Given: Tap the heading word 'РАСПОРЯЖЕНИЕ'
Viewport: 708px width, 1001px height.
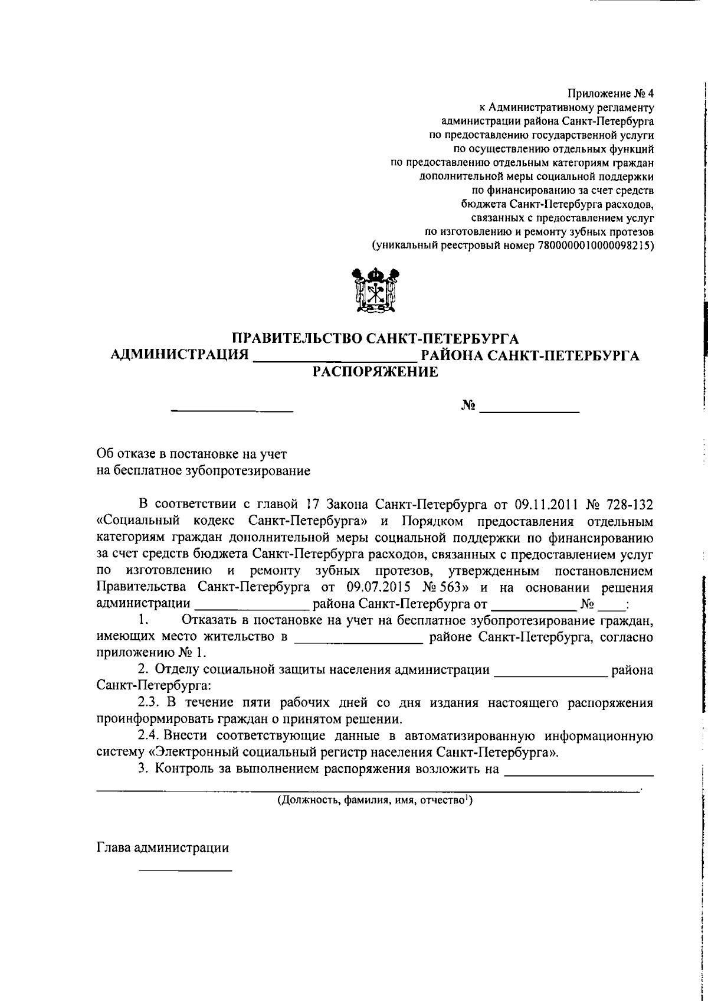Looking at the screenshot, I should pos(375,372).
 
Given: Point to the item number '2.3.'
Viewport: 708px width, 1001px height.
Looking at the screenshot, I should pos(149,704).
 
